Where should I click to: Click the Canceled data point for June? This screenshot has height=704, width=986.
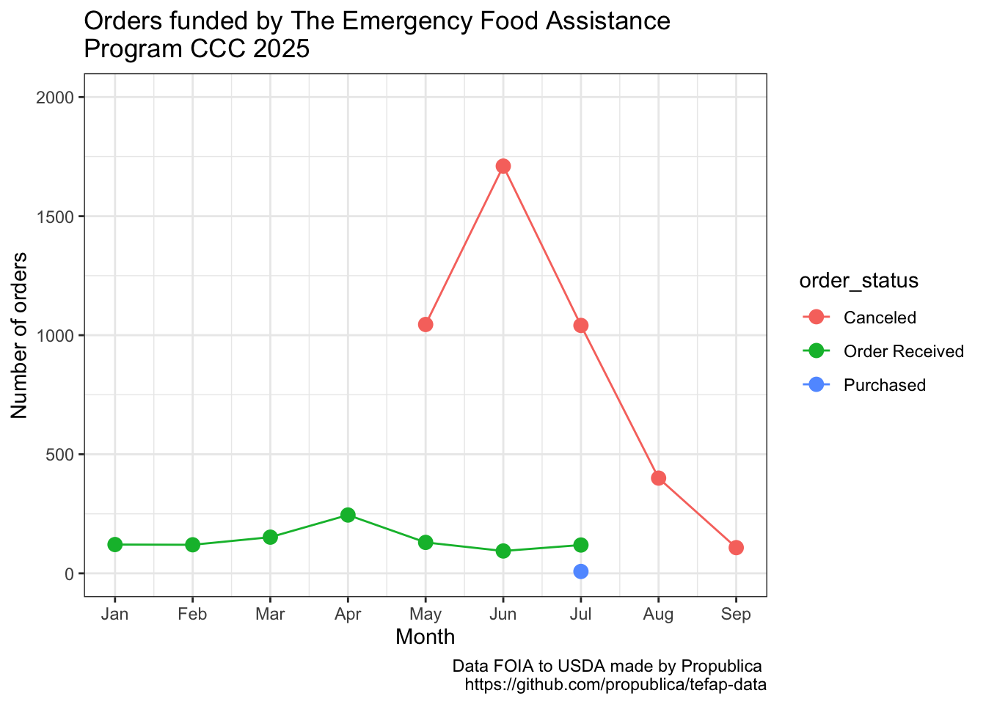pyautogui.click(x=503, y=166)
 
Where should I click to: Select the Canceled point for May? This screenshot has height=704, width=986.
pyautogui.click(x=426, y=324)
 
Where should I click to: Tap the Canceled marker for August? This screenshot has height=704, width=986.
pyautogui.click(x=659, y=478)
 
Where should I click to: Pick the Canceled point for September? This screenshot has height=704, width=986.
pyautogui.click(x=736, y=548)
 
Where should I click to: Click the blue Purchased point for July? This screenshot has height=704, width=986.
pyautogui.click(x=581, y=571)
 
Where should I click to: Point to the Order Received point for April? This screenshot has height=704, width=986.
pyautogui.click(x=348, y=515)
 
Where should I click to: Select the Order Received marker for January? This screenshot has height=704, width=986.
pyautogui.click(x=115, y=544)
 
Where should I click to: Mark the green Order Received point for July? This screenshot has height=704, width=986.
pyautogui.click(x=581, y=545)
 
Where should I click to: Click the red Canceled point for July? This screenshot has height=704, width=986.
pyautogui.click(x=581, y=325)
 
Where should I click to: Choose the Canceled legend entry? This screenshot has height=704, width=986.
pyautogui.click(x=880, y=318)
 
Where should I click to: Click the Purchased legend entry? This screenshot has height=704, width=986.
pyautogui.click(x=884, y=385)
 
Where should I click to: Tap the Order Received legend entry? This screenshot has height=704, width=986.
pyautogui.click(x=903, y=351)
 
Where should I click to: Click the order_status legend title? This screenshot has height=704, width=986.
pyautogui.click(x=859, y=281)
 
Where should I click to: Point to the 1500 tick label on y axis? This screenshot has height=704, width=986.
pyautogui.click(x=59, y=216)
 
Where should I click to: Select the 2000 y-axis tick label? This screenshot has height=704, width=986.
pyautogui.click(x=59, y=98)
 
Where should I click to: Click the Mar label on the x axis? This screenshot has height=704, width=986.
pyautogui.click(x=270, y=615)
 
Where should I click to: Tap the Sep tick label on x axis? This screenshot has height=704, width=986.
pyautogui.click(x=736, y=615)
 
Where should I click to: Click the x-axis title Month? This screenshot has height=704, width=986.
pyautogui.click(x=426, y=637)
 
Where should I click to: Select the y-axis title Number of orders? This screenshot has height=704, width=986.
pyautogui.click(x=20, y=335)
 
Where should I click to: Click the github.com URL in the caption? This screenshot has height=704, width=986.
pyautogui.click(x=616, y=685)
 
